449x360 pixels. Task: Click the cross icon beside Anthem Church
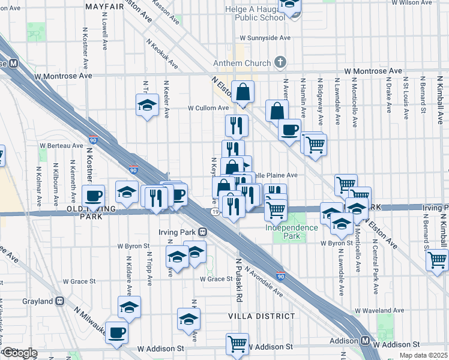coord(280,62)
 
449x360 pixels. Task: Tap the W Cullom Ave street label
coord(208,109)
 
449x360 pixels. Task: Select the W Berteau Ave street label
coord(61,145)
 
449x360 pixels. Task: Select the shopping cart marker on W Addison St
coord(237,344)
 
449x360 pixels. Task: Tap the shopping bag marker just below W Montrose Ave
coord(243,92)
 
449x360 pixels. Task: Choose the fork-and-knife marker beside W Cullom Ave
coord(237,125)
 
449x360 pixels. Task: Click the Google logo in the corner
coord(19,353)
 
